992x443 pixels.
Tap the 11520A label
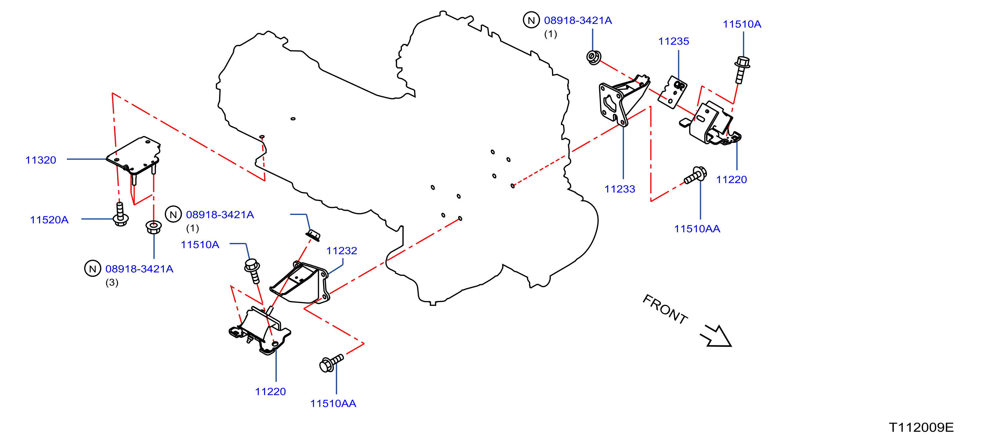coord(49,220)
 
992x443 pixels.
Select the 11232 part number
coord(342,251)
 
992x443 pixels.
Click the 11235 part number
coord(673,41)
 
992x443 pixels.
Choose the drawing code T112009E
coord(921,427)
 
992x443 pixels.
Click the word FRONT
coord(665,309)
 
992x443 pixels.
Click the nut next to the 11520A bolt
coord(154,227)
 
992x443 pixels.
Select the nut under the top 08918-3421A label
coord(593,57)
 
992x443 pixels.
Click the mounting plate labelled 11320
coord(134,157)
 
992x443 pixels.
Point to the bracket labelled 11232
coord(300,282)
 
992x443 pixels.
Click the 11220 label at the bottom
coord(270,392)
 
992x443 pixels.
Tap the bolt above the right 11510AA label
coord(695,175)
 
